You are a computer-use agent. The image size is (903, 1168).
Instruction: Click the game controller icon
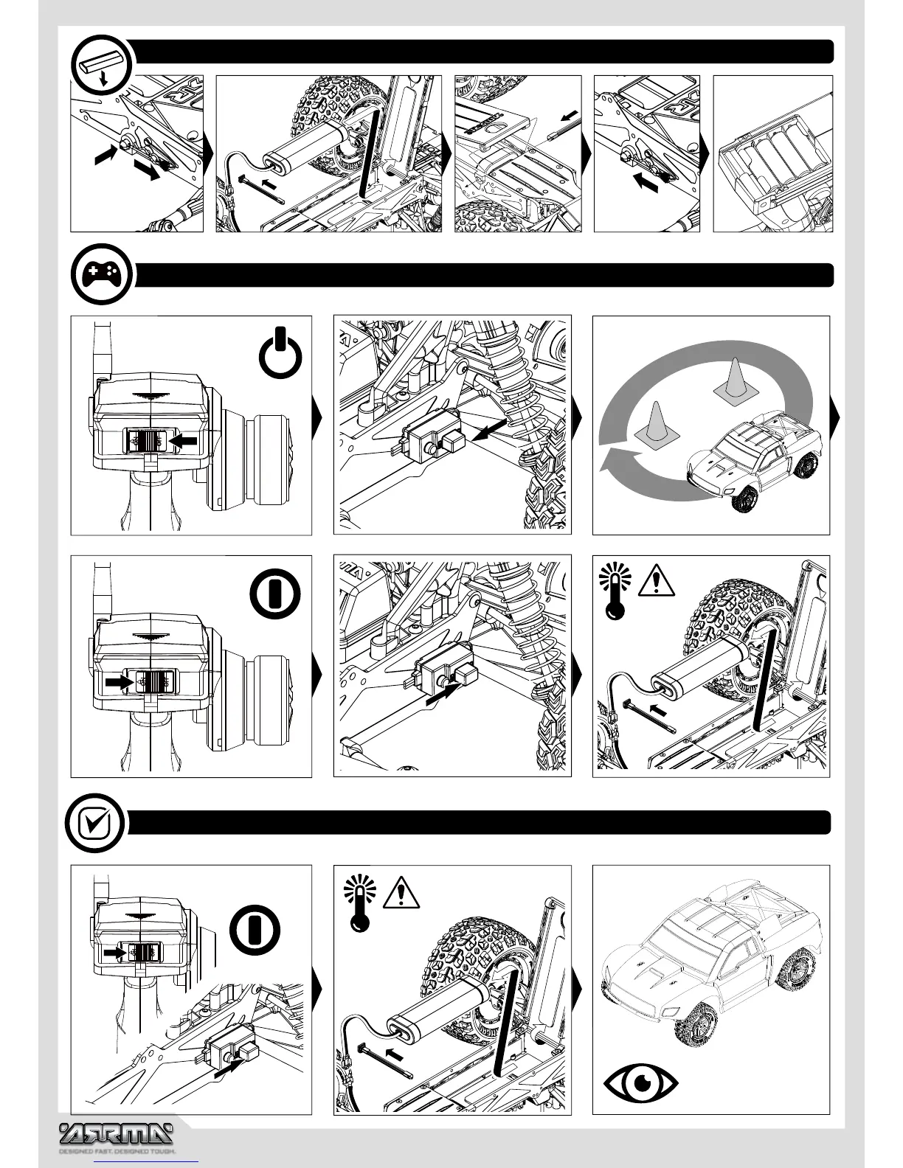tap(102, 275)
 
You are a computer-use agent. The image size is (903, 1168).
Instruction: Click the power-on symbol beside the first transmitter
tap(280, 356)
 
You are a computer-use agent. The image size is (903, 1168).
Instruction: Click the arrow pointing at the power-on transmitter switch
tap(184, 440)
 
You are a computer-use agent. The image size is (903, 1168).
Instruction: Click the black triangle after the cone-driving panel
tap(835, 418)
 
